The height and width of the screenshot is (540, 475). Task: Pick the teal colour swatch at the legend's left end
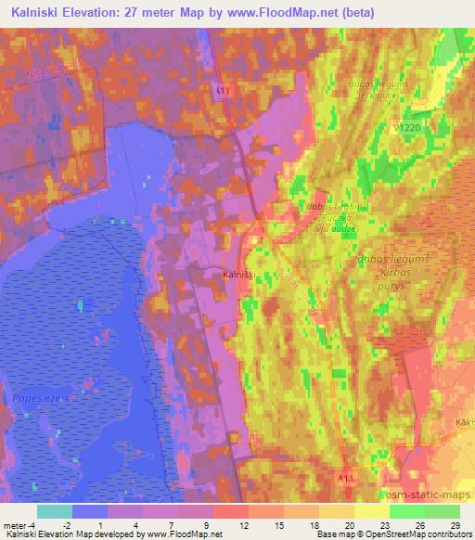(54, 511)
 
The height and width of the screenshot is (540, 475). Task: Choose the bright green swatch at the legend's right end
(442, 511)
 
